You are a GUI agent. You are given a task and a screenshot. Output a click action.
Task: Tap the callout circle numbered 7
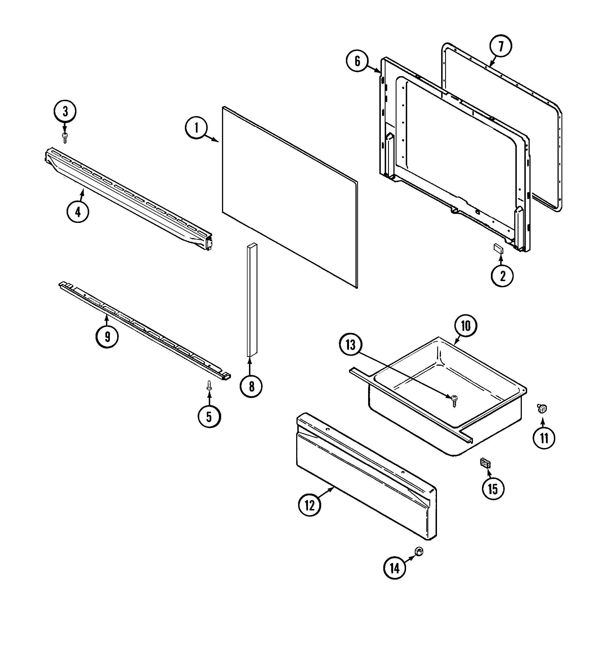click(501, 46)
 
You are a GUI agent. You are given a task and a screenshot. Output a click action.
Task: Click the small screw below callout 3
click(65, 137)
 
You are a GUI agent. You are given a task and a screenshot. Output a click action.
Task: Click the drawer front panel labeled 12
click(366, 475)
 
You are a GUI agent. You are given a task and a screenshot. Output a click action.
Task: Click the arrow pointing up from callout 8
click(250, 367)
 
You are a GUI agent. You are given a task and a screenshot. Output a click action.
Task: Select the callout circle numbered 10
click(465, 326)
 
